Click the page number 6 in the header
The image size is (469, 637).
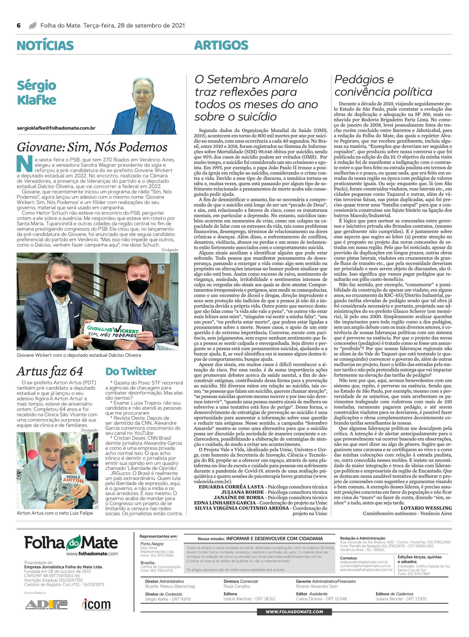[19, 26]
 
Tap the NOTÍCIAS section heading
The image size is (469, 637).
[45, 45]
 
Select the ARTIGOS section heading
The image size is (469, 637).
[221, 45]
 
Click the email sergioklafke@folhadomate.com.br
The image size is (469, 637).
[56, 128]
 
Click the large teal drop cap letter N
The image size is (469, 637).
[24, 164]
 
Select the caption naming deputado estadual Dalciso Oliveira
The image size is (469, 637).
[79, 355]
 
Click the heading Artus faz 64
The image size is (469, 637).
[50, 371]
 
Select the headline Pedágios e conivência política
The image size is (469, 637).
[383, 86]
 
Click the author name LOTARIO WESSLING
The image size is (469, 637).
[426, 508]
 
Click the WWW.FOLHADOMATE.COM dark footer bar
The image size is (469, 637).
[294, 612]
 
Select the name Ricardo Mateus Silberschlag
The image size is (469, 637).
[170, 586]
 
